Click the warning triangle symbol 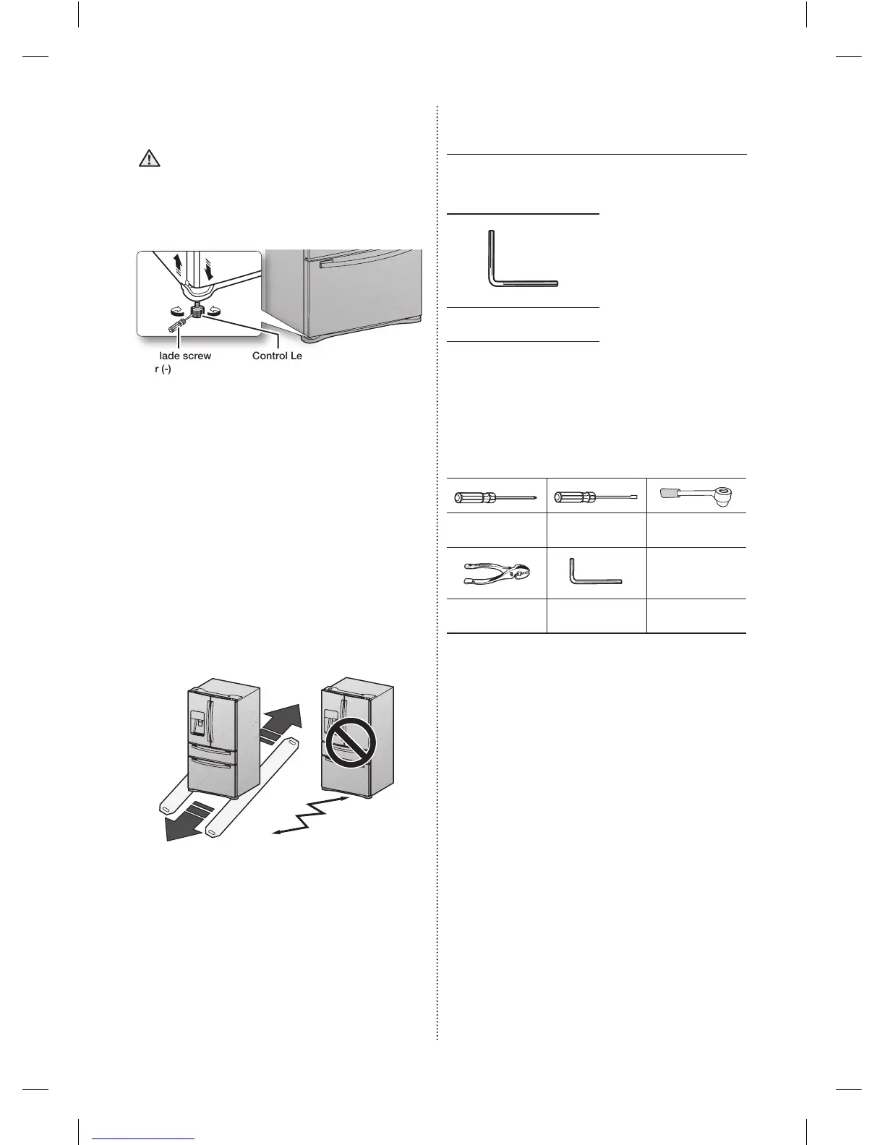(149, 159)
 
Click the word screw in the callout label (194, 356)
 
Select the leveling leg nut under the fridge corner (197, 313)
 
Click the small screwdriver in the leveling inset (178, 325)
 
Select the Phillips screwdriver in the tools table (496, 497)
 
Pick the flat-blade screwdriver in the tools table (595, 497)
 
